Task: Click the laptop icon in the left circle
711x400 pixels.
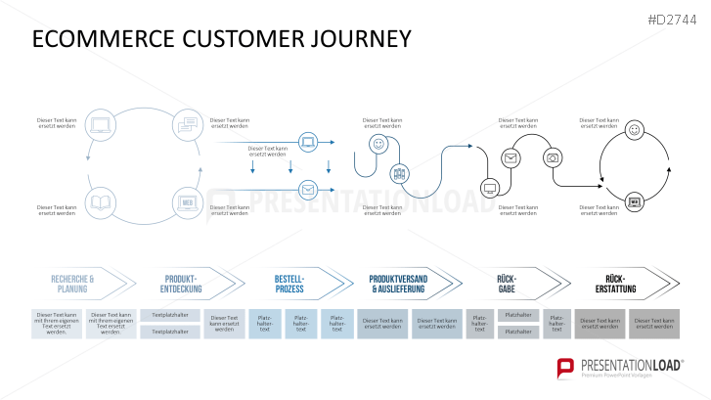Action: point(102,124)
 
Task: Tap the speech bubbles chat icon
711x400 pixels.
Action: point(187,124)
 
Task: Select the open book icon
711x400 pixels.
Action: point(102,203)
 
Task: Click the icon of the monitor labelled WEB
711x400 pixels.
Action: point(187,203)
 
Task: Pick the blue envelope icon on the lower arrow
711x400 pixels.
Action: point(308,190)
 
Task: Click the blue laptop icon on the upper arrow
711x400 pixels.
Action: point(308,143)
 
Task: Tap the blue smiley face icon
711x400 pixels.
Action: point(378,144)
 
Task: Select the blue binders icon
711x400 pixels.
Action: point(399,174)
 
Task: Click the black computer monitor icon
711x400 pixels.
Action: point(489,187)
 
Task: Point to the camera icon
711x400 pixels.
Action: point(553,156)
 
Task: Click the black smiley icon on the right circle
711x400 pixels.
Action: point(634,129)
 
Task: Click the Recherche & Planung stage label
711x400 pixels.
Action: point(72,285)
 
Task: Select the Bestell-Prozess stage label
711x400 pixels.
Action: point(289,285)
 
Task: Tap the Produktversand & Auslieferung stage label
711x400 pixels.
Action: point(398,285)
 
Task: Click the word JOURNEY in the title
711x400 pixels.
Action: point(354,38)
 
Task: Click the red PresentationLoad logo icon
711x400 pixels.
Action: point(565,368)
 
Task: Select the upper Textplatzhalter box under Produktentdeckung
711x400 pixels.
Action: point(170,315)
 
